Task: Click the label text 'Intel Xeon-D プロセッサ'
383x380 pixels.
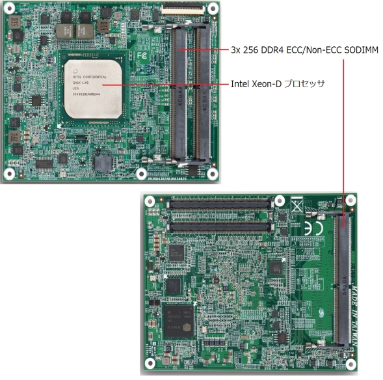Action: click(x=278, y=84)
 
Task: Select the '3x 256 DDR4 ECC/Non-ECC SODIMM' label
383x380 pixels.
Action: click(x=304, y=49)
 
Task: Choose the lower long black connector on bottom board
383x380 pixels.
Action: click(x=220, y=226)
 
